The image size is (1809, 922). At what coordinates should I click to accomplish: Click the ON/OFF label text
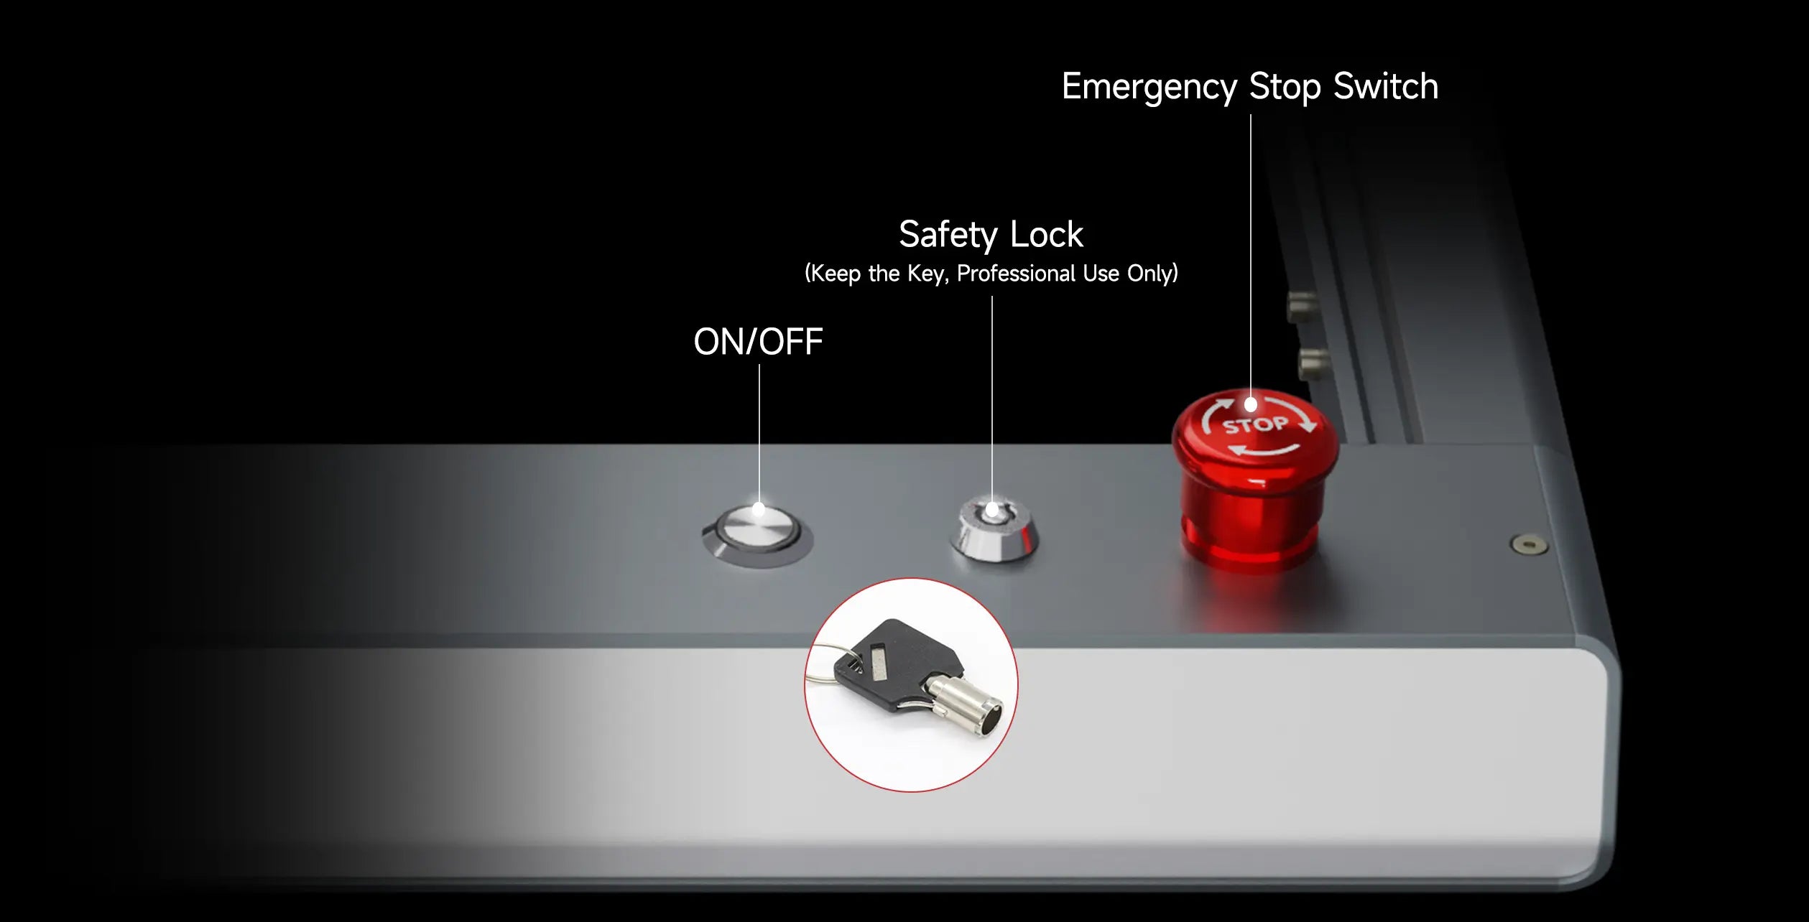[758, 342]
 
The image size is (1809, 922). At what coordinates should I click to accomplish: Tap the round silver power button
[758, 535]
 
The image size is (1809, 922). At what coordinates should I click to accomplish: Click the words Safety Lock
[991, 235]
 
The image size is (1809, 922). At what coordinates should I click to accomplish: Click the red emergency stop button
[1254, 480]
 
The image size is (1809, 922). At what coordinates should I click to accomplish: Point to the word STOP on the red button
[1255, 425]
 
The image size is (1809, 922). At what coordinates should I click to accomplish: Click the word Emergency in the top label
[1149, 88]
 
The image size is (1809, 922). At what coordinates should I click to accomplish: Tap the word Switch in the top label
[1386, 86]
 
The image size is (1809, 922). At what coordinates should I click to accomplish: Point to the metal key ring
[831, 664]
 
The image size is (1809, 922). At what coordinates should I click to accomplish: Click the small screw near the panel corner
[1530, 544]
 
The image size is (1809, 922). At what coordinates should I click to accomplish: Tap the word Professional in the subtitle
[1016, 274]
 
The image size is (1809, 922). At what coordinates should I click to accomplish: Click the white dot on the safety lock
[992, 510]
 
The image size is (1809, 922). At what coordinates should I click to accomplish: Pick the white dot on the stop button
[1251, 405]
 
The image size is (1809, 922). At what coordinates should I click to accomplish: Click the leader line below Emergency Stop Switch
[1251, 256]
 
